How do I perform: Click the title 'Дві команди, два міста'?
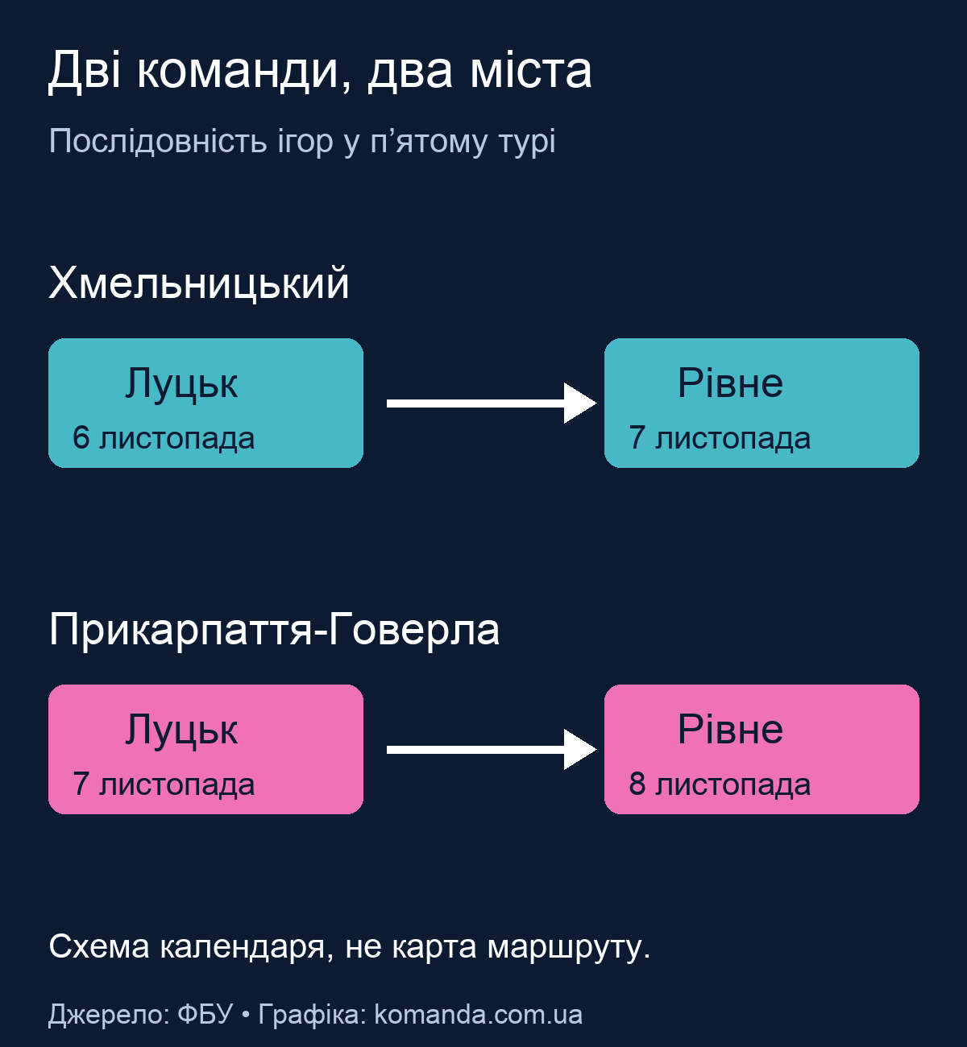pyautogui.click(x=320, y=71)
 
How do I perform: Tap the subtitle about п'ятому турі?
pyautogui.click(x=302, y=141)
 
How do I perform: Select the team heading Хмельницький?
pyautogui.click(x=199, y=283)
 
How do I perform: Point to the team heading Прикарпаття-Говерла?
pyautogui.click(x=274, y=629)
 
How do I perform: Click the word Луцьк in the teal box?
pyautogui.click(x=181, y=384)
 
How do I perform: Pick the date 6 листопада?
pyautogui.click(x=164, y=437)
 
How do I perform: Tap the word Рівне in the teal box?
pyautogui.click(x=730, y=383)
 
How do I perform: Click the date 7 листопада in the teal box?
pyautogui.click(x=720, y=437)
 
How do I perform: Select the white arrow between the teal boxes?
pyautogui.click(x=492, y=403)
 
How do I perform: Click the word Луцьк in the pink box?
pyautogui.click(x=181, y=730)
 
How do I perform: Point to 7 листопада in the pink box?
pyautogui.click(x=164, y=784)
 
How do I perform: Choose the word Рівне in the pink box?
pyautogui.click(x=730, y=730)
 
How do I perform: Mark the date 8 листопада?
pyautogui.click(x=720, y=784)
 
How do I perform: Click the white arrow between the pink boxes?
pyautogui.click(x=492, y=750)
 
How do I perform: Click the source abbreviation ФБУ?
pyautogui.click(x=205, y=1015)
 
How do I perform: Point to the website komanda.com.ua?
pyautogui.click(x=479, y=1015)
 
